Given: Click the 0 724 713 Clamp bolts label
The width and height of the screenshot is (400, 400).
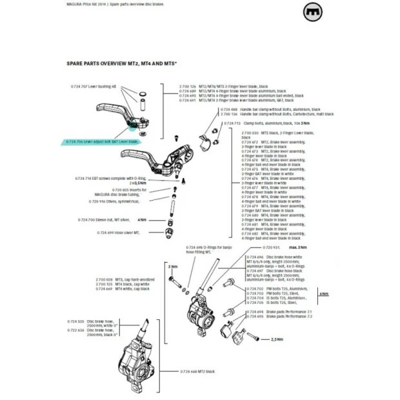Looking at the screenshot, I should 255,123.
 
